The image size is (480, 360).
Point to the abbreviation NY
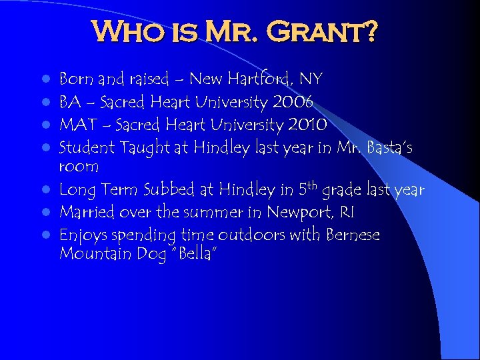pyautogui.click(x=311, y=80)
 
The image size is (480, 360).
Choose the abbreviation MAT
pyautogui.click(x=75, y=125)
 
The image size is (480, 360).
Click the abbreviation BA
pyautogui.click(x=69, y=103)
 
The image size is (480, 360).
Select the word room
pyautogui.click(x=79, y=167)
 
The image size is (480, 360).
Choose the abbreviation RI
pyautogui.click(x=339, y=212)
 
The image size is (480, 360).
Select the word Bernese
pyautogui.click(x=353, y=235)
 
